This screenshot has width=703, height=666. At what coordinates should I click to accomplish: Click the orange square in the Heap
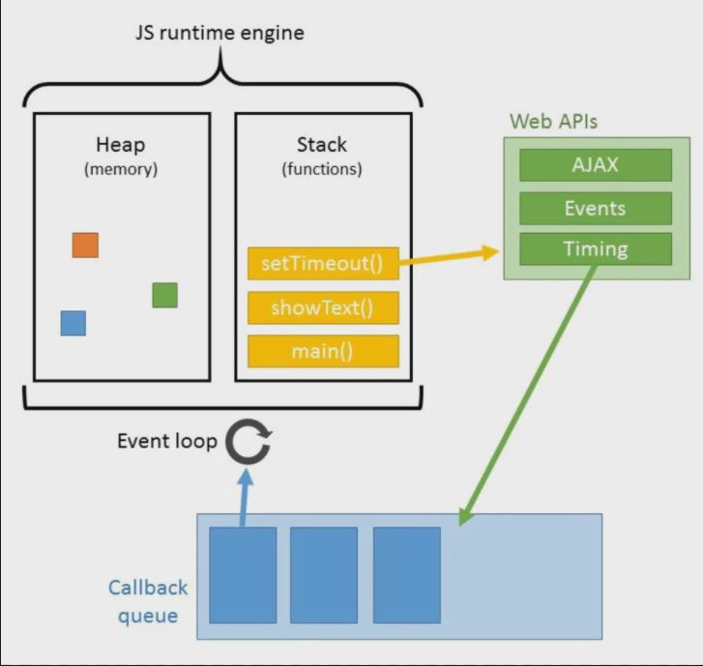[85, 245]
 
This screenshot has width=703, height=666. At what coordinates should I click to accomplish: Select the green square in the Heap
[164, 295]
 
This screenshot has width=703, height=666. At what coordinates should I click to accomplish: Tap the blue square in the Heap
[73, 323]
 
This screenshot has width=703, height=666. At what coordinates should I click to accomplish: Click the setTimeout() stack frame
[323, 263]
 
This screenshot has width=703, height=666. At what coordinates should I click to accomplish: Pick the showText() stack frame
[323, 307]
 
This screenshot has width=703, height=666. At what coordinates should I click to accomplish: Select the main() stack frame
[323, 351]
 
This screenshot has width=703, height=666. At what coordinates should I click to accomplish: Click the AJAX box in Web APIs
[595, 165]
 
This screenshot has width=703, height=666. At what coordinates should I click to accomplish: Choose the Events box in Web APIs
[595, 208]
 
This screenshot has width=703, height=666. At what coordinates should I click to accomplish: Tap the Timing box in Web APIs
[595, 249]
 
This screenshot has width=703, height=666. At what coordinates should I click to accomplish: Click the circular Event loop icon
[249, 443]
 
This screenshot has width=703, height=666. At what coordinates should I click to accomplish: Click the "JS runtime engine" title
[219, 33]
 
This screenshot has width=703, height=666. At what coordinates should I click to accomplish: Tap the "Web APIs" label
[554, 122]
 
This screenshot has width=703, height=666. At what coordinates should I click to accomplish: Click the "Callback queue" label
[147, 600]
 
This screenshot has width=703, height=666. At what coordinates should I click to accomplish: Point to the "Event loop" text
[166, 441]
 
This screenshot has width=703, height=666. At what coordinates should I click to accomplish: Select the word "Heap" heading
[120, 145]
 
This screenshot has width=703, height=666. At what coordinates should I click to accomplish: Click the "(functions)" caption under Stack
[322, 169]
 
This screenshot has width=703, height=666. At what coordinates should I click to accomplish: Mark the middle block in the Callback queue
[324, 574]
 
